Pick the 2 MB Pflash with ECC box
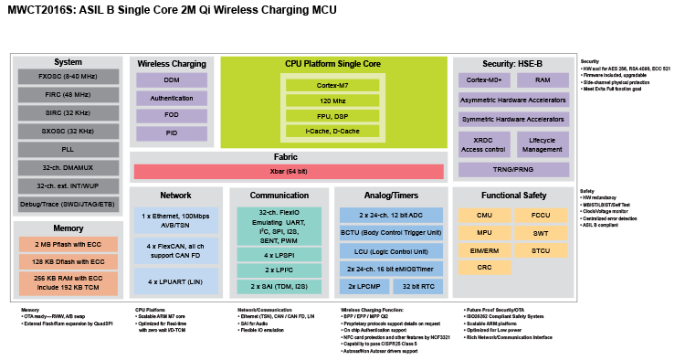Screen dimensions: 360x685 pyautogui.click(x=68, y=244)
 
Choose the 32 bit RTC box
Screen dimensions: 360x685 pyautogui.click(x=422, y=286)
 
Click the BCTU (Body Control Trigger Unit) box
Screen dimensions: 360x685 pyautogui.click(x=392, y=233)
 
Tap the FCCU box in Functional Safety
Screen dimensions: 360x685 pyautogui.click(x=541, y=215)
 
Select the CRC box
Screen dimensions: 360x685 pyautogui.click(x=485, y=267)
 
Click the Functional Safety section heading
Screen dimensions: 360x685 pyautogui.click(x=512, y=195)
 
